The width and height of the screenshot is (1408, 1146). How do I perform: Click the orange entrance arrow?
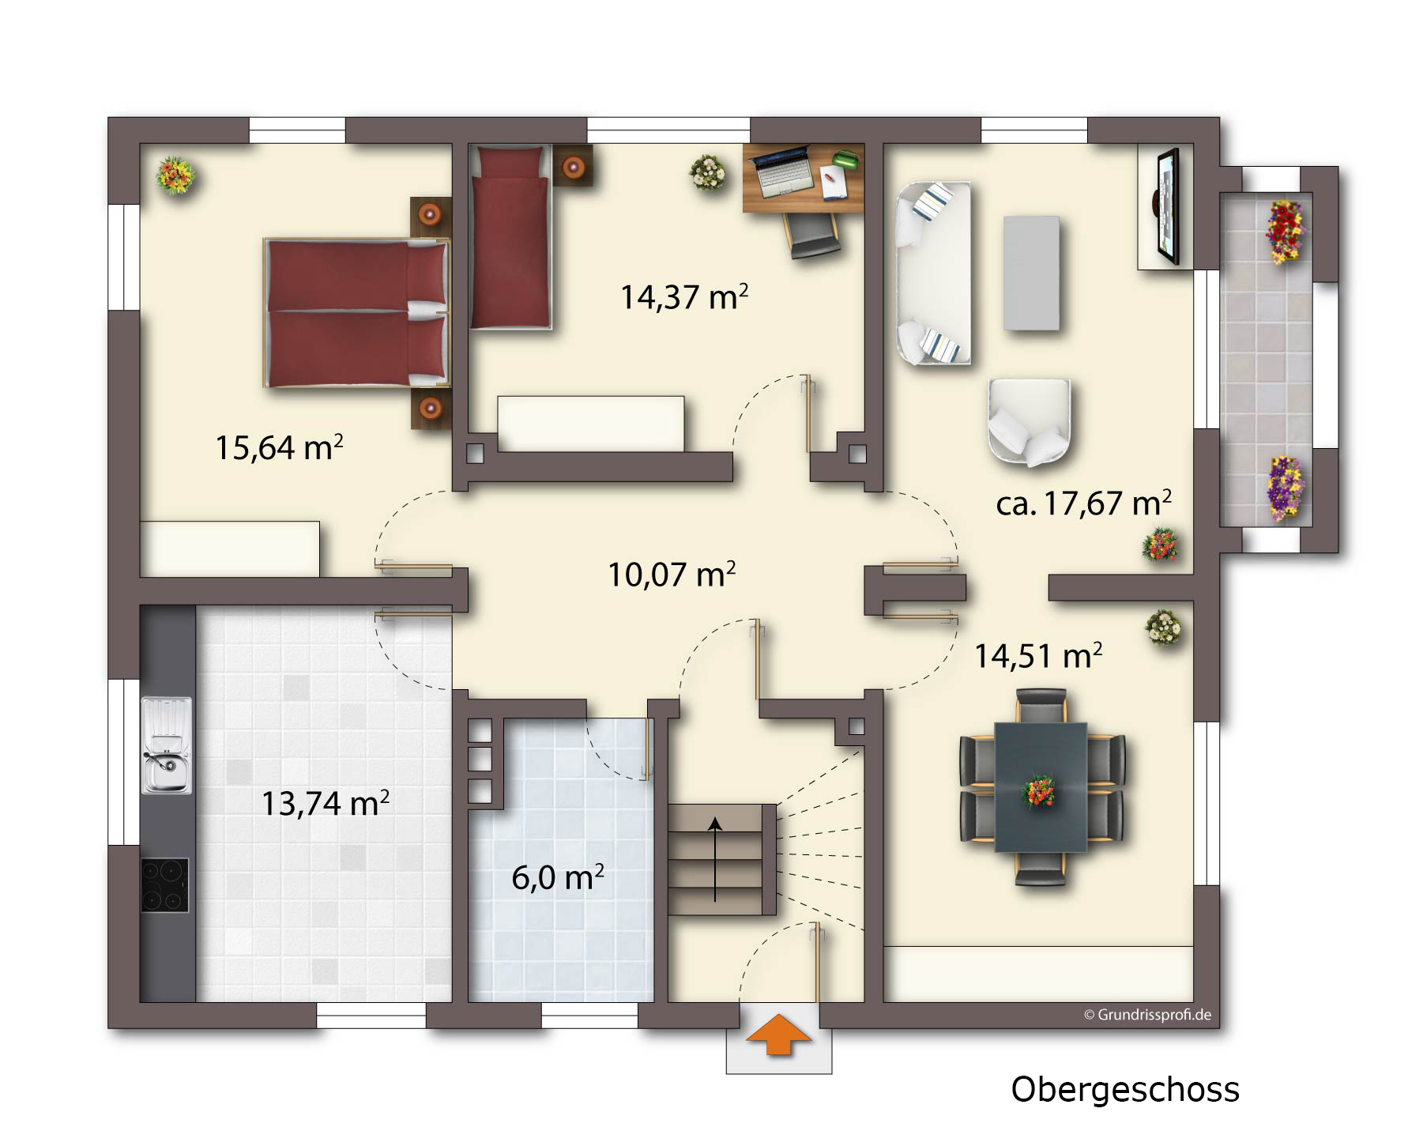(x=778, y=1033)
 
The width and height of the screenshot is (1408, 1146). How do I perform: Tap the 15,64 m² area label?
(x=279, y=447)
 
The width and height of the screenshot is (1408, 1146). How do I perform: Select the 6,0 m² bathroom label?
(x=558, y=877)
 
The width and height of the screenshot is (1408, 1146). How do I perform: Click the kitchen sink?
(x=166, y=745)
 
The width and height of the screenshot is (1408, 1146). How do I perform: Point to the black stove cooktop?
(x=165, y=885)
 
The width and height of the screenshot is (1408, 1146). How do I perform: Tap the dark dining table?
(x=1041, y=786)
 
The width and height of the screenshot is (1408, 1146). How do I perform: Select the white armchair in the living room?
(x=1029, y=421)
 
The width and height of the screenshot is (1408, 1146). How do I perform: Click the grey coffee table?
(x=1031, y=273)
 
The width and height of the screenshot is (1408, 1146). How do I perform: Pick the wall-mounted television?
(x=1168, y=206)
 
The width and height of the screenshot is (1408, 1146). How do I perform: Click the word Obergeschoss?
(x=1125, y=1089)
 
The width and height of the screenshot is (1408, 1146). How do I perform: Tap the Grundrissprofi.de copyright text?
(x=1147, y=1015)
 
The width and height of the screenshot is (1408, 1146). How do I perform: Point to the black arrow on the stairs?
(x=715, y=860)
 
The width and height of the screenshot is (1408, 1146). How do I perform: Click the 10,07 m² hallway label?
(x=672, y=575)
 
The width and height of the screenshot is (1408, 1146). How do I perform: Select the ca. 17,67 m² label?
(x=1083, y=503)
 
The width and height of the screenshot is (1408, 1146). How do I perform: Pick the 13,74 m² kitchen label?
(x=325, y=803)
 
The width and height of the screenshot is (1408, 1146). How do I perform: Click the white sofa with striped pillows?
(x=933, y=273)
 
